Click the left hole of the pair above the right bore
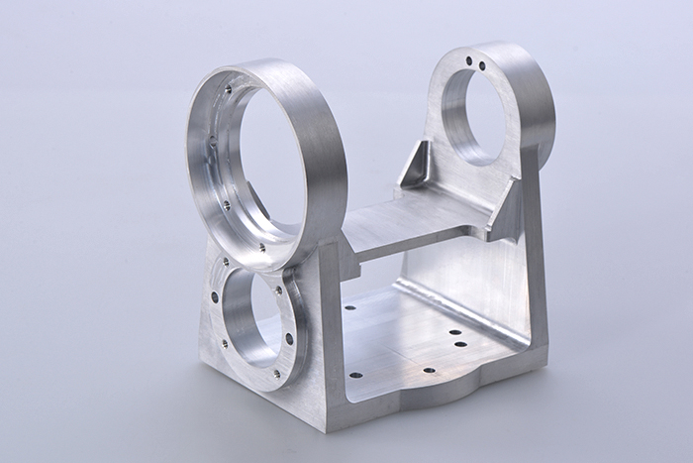469,62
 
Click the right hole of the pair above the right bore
482,66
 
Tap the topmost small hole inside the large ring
228,89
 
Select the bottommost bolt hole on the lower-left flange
275,374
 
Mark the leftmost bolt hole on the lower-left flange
214,296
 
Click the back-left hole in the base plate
350,307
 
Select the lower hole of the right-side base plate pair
460,345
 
